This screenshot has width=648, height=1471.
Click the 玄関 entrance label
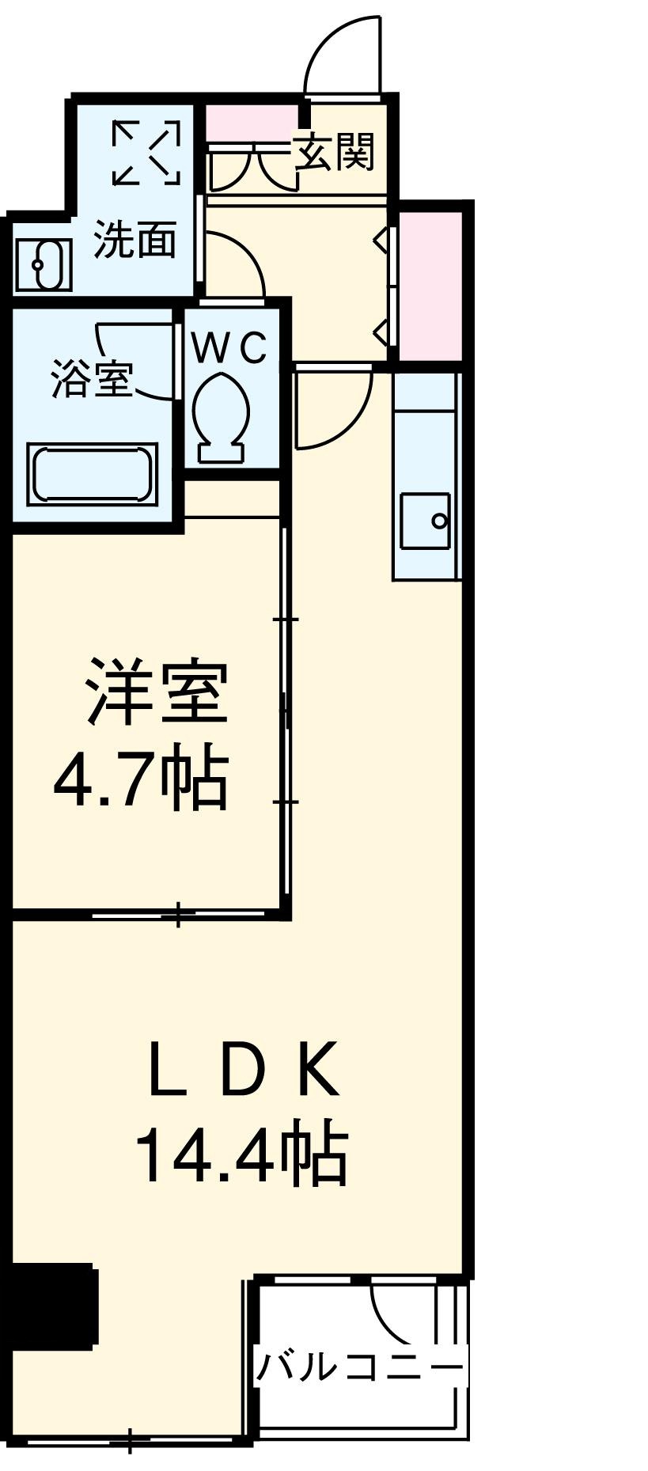pyautogui.click(x=334, y=150)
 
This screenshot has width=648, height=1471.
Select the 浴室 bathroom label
pyautogui.click(x=91, y=378)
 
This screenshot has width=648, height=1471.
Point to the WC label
pyautogui.click(x=230, y=348)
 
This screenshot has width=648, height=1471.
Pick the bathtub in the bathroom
pyautogui.click(x=92, y=475)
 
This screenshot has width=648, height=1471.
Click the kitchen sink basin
pyautogui.click(x=425, y=520)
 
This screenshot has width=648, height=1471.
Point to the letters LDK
pyautogui.click(x=244, y=1071)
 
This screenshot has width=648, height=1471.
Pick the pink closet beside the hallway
pyautogui.click(x=430, y=285)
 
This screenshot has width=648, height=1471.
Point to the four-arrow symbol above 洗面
pyautogui.click(x=146, y=153)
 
